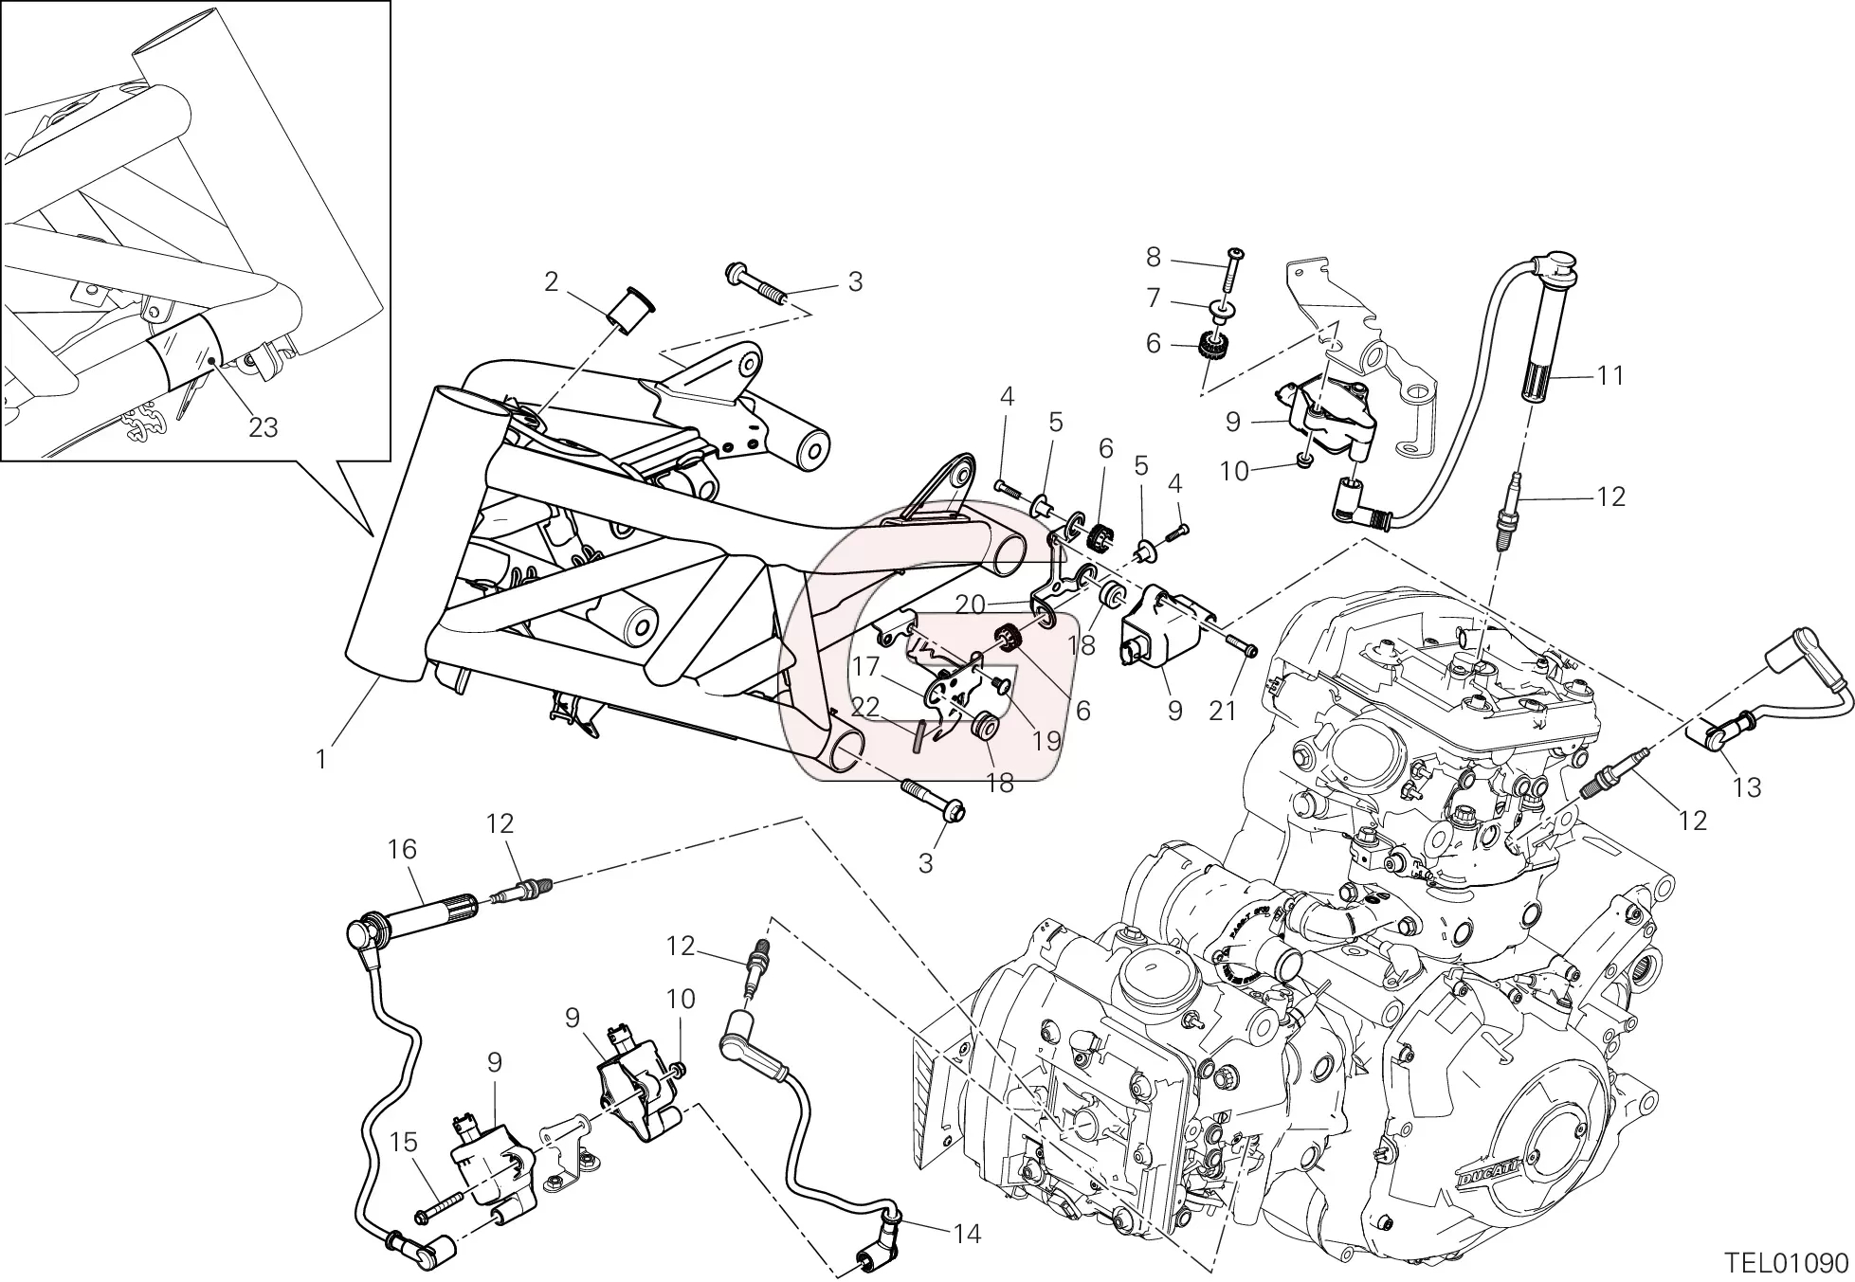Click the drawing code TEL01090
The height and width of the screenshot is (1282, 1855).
[x=1785, y=1263]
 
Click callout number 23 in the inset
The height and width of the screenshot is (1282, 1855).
[x=264, y=427]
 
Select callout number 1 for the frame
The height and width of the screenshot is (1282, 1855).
[x=321, y=759]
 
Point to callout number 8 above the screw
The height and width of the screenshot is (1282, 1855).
[x=1153, y=257]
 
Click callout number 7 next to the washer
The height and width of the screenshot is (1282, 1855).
[x=1153, y=298]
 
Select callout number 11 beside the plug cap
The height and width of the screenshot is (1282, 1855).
[x=1609, y=376]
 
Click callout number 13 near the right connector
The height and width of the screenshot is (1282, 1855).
[x=1746, y=786]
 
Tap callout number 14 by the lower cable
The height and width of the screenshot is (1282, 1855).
[x=967, y=1234]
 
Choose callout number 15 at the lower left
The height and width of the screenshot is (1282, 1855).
[x=404, y=1143]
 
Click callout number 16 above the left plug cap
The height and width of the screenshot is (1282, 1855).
[x=402, y=849]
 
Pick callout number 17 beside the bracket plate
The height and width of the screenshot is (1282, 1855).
[x=865, y=667]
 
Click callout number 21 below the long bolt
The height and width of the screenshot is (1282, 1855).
[x=1223, y=710]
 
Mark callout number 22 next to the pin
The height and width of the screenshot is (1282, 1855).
[x=865, y=707]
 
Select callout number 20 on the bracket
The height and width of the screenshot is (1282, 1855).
[x=971, y=604]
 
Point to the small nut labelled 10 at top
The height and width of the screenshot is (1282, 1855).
[x=1302, y=461]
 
